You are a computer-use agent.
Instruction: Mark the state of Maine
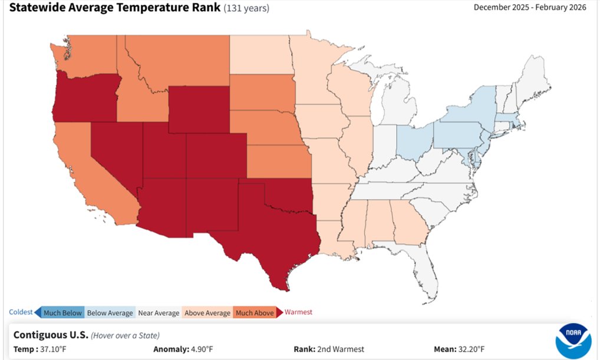pos(533,82)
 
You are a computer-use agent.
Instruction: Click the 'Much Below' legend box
pos(62,313)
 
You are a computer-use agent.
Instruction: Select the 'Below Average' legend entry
pos(110,313)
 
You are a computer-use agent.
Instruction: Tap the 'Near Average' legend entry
pos(158,313)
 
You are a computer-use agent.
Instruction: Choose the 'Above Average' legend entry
pos(207,313)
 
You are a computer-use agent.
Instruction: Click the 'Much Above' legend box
pos(255,313)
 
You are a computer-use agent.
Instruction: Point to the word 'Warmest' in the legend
pos(298,312)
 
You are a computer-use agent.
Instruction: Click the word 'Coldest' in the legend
pos(21,312)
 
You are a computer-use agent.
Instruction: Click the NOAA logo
pos(573,341)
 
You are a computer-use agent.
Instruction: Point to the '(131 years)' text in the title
pos(247,9)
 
